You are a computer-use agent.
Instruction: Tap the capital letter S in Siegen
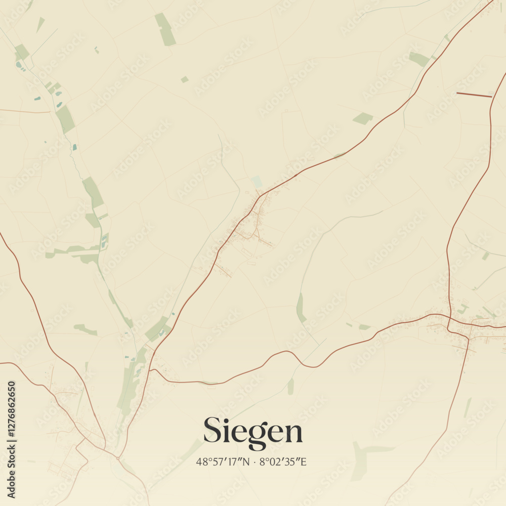(212, 430)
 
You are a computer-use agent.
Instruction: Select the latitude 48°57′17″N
(222, 461)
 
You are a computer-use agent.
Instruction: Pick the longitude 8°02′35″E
(283, 461)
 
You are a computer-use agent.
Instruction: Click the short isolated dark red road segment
(474, 95)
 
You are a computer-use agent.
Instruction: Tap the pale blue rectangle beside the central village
(257, 182)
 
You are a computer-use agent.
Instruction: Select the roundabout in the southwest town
(117, 458)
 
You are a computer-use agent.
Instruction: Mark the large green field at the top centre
(165, 29)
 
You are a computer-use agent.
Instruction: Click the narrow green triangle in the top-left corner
(40, 24)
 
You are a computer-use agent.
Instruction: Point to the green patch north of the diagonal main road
(363, 118)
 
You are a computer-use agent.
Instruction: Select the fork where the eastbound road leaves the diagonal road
(151, 370)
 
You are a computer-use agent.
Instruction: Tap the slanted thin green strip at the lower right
(468, 407)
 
